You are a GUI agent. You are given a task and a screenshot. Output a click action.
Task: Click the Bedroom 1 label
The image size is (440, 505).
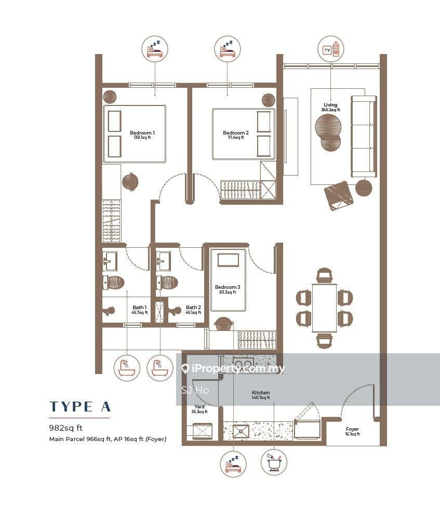point(142,132)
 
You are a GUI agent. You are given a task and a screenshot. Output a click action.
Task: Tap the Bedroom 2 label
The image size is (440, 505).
point(236,132)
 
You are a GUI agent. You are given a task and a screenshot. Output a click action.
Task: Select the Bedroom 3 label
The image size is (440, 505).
point(228,287)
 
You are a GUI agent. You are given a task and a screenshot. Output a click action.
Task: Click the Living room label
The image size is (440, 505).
point(330,104)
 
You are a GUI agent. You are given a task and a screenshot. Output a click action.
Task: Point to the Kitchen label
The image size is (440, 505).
point(261,393)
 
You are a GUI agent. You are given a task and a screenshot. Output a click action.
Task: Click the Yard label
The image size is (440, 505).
point(199,406)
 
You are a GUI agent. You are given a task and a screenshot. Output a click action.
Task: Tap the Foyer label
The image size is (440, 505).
point(352,429)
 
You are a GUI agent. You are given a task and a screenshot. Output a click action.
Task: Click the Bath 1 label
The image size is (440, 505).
point(139,307)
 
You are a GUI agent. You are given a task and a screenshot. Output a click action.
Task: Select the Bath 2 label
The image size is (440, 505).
point(193,307)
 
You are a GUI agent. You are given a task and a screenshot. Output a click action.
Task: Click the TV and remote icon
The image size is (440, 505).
point(331,49)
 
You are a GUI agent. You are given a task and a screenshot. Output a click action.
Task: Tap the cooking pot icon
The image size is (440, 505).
point(274,462)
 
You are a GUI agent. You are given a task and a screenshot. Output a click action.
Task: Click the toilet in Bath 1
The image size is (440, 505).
point(113,283)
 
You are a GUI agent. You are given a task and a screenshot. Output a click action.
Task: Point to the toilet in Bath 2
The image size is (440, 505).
point(167,283)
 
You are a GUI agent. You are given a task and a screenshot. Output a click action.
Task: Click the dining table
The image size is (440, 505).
point(324,308)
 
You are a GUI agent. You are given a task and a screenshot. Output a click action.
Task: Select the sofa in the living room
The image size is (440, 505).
point(364,136)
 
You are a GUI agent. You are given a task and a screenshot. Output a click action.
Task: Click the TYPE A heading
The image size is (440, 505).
point(80,406)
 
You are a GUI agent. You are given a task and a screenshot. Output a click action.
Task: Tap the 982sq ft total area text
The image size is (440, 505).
point(65,428)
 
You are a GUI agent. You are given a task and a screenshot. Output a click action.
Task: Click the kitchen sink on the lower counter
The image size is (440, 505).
point(241,431)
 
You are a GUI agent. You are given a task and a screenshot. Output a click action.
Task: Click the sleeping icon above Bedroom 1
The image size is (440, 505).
point(155,49)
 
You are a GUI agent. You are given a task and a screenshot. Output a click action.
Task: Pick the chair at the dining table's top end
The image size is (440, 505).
point(324,275)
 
